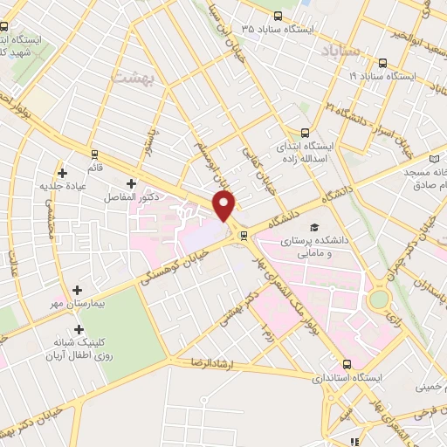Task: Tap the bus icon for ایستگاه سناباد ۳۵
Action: tap(278, 16)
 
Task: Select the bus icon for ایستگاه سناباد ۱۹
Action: tap(382, 63)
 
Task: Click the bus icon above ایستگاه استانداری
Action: tap(347, 364)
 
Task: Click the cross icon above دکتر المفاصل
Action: tap(131, 183)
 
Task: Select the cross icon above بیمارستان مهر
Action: tap(78, 290)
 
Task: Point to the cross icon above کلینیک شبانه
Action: tap(79, 330)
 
